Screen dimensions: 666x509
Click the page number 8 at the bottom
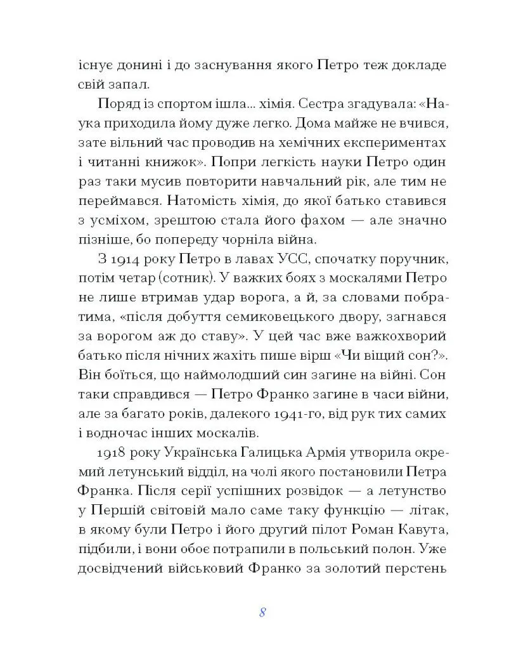point(262,612)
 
